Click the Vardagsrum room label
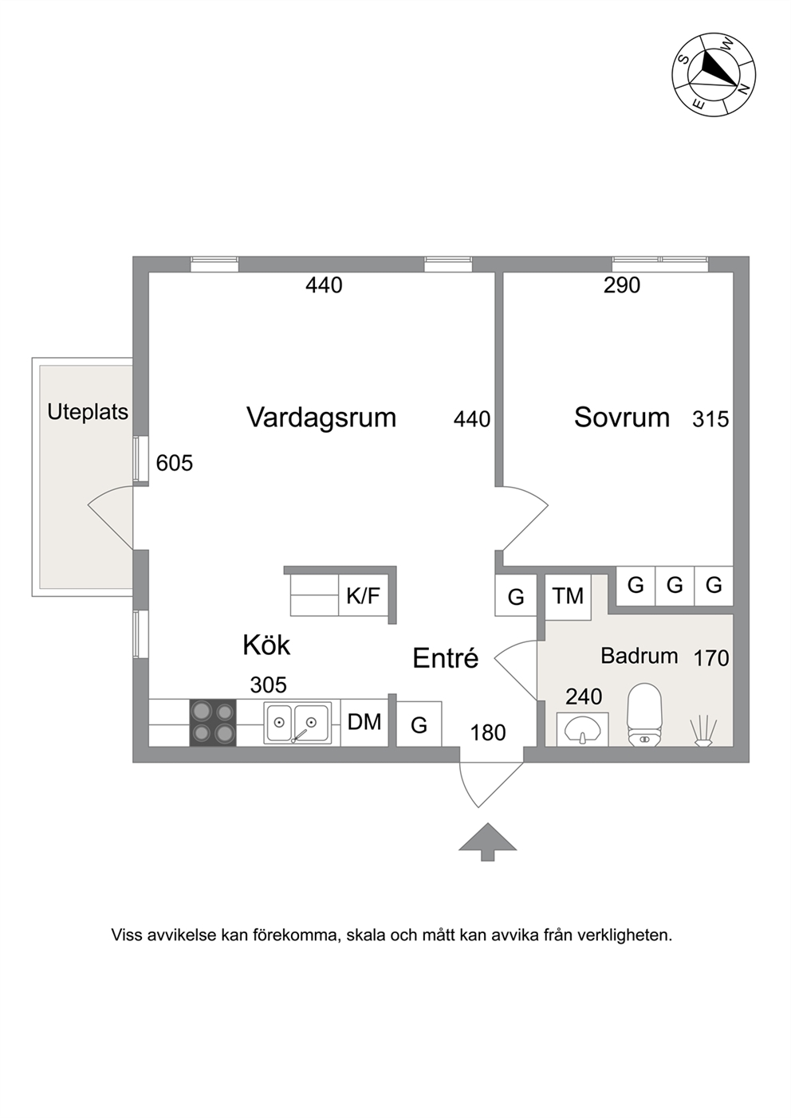pos(321,418)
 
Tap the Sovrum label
pos(622,418)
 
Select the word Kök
pos(266,645)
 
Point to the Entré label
pos(446,658)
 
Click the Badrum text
pos(639,656)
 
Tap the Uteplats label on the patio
pos(88,412)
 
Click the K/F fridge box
pos(364,595)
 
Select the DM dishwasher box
pos(364,722)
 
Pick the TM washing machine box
pos(568,596)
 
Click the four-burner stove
pos(213,722)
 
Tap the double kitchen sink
pos(297,722)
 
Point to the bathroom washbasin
pos(582,729)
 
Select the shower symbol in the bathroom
pos(703,732)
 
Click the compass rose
pos(714,74)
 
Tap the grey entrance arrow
pos(487,842)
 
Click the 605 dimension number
pos(175,463)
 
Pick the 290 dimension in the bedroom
pos(622,285)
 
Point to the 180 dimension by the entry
pos(488,732)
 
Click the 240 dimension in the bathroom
pos(584,696)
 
